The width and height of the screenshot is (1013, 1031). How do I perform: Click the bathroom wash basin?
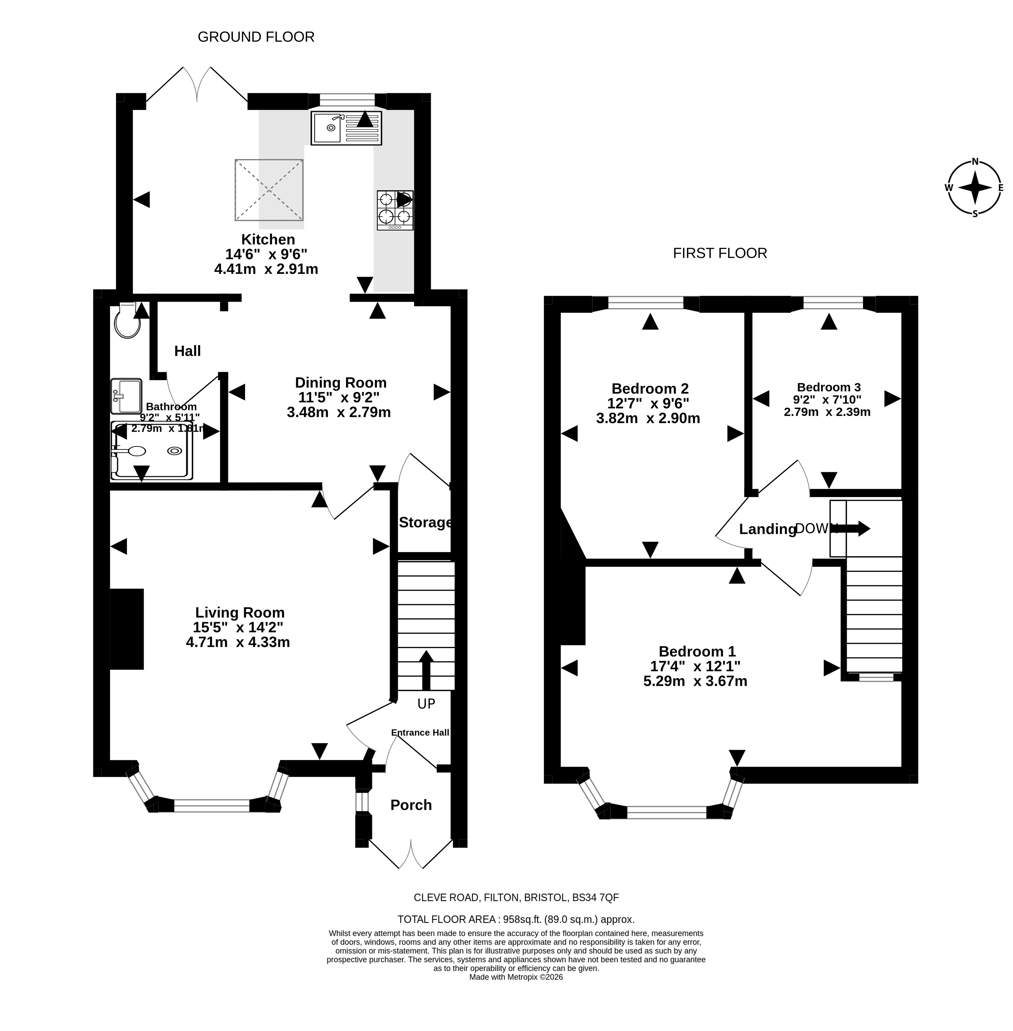pyautogui.click(x=126, y=396)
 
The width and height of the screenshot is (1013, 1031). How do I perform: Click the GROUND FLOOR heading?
pyautogui.click(x=256, y=37)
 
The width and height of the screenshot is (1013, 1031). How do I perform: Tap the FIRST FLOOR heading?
pyautogui.click(x=720, y=253)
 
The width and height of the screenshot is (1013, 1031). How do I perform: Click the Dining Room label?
pyautogui.click(x=341, y=383)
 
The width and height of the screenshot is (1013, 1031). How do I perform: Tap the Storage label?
pyautogui.click(x=425, y=523)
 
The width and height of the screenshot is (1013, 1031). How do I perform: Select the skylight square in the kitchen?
pyautogui.click(x=269, y=190)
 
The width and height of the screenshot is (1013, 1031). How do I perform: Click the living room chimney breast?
pyautogui.click(x=127, y=629)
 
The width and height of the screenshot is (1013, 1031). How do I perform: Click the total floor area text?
pyautogui.click(x=516, y=919)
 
